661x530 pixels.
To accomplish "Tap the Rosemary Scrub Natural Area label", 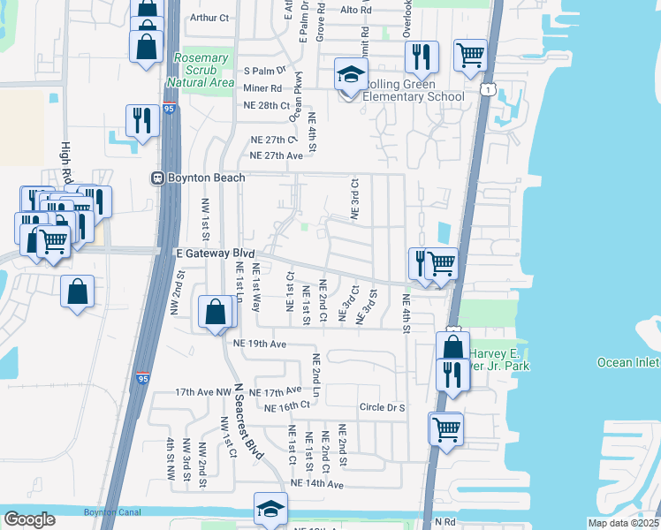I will [204, 70].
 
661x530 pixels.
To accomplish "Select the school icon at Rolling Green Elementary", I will [351, 77].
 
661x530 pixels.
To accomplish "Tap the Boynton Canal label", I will [107, 513].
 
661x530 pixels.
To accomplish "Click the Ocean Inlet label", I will [627, 362].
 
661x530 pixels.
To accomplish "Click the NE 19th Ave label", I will [260, 343].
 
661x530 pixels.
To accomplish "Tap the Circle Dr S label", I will [382, 407].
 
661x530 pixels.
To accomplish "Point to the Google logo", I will [30, 519].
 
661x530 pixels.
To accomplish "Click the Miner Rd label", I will [262, 88].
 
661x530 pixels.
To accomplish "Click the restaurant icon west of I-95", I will [142, 122].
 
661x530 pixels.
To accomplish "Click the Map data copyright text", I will [622, 523].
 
